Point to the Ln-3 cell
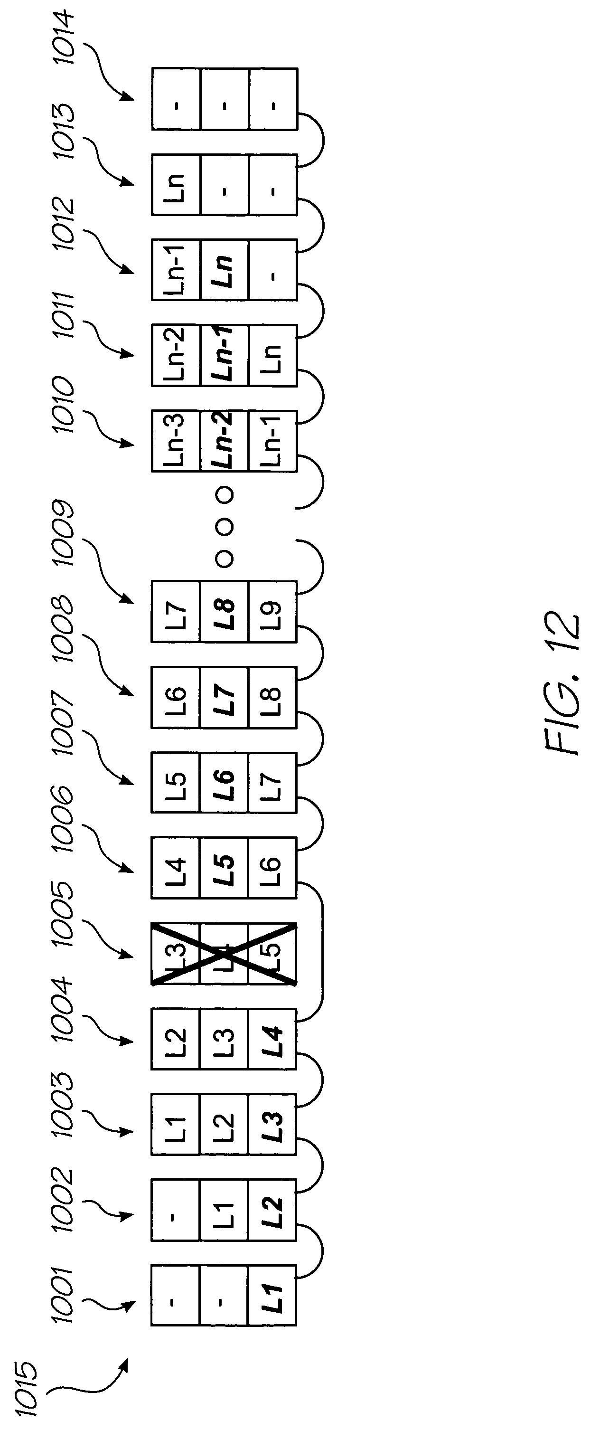tap(176, 441)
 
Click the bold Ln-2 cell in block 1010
tap(224, 441)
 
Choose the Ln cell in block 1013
tap(176, 185)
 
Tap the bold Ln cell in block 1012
tap(224, 270)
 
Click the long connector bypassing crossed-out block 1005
tap(322, 954)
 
